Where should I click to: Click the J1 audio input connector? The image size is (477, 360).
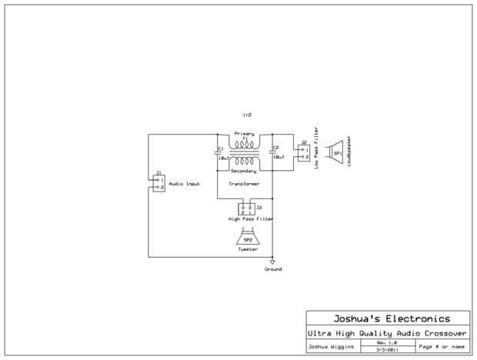click(x=158, y=182)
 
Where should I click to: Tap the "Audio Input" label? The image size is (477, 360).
click(x=184, y=184)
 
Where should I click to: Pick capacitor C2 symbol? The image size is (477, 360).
click(x=272, y=153)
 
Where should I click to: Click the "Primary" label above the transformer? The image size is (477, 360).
click(x=244, y=133)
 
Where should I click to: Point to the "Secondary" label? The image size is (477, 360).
click(x=244, y=171)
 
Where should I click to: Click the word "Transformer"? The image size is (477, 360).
click(x=244, y=185)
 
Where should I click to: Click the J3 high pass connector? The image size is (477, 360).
click(x=247, y=208)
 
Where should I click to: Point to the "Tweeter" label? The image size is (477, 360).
click(x=248, y=250)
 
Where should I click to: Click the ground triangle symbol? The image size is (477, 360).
click(x=272, y=262)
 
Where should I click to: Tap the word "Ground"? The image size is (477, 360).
click(x=272, y=269)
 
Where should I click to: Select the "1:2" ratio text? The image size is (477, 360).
click(x=246, y=115)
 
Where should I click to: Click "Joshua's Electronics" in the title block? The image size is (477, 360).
click(x=390, y=318)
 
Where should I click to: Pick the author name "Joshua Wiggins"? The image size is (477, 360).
click(x=332, y=347)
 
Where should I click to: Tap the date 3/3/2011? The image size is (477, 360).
click(x=385, y=350)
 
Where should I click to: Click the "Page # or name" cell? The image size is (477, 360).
click(x=442, y=347)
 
